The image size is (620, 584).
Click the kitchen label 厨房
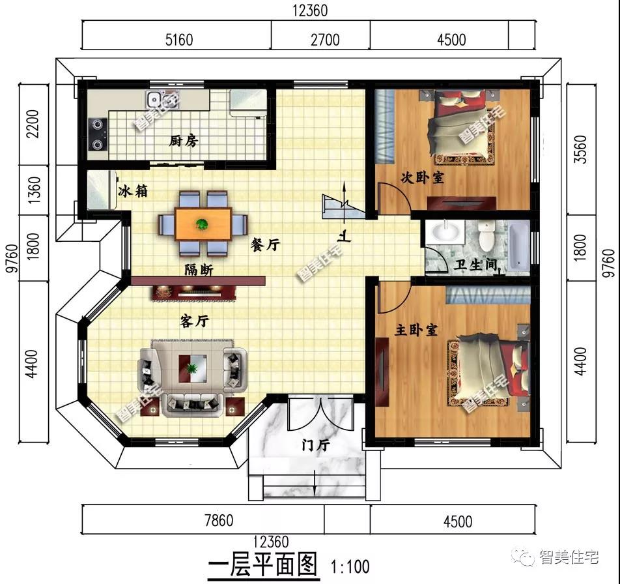tap(184, 141)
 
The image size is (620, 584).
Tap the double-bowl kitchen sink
tap(158, 99)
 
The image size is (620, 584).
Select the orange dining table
tap(203, 224)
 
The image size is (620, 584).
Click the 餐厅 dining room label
tap(265, 244)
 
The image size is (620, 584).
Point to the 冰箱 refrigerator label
tap(133, 191)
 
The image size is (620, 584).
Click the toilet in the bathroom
tap(486, 236)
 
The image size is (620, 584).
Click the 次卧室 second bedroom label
tap(422, 177)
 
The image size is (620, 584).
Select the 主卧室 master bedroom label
tap(416, 330)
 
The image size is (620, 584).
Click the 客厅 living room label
tap(194, 321)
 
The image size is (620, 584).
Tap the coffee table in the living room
tap(193, 368)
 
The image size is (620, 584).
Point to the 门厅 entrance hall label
tap(315, 446)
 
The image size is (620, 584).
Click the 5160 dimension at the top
tap(179, 40)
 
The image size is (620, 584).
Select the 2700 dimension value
tap(325, 40)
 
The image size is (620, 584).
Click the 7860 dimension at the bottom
tap(219, 520)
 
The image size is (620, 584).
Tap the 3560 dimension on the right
tap(580, 149)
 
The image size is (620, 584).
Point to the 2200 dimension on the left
tap(33, 124)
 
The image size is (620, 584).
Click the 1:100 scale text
tap(350, 566)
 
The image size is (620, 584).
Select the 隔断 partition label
tap(199, 270)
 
